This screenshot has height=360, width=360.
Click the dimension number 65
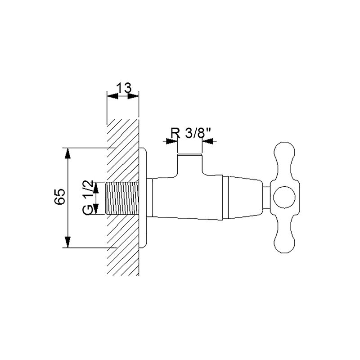(60, 197)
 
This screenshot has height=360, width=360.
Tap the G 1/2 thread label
(88, 198)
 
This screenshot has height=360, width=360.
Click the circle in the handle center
(284, 198)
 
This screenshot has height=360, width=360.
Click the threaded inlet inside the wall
(122, 198)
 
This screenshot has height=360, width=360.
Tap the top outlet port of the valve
(189, 165)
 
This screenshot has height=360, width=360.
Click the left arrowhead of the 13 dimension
(112, 96)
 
